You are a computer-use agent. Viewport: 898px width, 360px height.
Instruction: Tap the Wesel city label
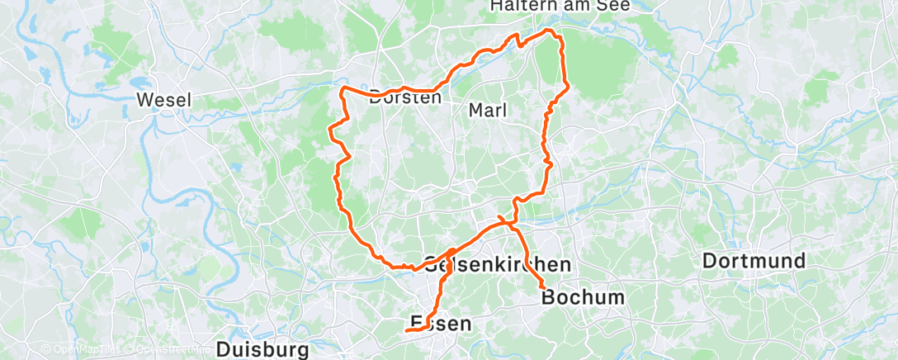point(163,101)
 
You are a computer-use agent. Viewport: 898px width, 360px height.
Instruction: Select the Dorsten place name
point(405,96)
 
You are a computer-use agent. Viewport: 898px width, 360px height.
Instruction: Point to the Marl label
point(488,109)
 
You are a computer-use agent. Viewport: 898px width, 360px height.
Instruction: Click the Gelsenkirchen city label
point(498,265)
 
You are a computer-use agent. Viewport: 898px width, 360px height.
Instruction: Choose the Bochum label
point(584,297)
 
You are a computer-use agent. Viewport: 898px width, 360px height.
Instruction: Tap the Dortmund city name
point(754,262)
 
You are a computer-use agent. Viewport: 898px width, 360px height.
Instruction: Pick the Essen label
point(442,324)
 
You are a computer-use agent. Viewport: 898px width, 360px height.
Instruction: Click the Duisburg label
point(262,349)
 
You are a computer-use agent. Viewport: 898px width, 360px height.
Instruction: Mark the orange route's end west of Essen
point(407,331)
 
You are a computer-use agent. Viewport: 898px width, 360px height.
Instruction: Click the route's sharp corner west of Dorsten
point(343,86)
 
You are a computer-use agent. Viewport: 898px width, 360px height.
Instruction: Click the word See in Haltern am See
point(615,6)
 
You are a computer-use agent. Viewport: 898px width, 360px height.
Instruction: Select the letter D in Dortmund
point(710,262)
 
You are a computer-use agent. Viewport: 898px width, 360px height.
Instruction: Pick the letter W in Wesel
point(143,101)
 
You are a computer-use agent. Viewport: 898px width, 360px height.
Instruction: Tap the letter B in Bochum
point(548,297)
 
